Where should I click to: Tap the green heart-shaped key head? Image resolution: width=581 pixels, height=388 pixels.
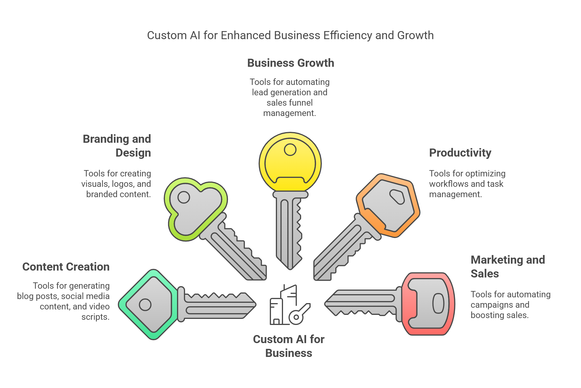point(195,209)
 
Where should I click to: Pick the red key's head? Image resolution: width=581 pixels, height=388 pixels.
point(428,304)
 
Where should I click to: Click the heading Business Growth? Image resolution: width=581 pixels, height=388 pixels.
point(290,63)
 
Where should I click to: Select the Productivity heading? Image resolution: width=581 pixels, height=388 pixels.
point(460,153)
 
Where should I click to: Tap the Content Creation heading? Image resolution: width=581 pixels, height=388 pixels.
point(66,267)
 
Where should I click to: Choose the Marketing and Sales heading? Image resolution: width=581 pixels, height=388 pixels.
point(507,267)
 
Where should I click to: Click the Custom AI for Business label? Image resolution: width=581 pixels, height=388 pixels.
point(288,346)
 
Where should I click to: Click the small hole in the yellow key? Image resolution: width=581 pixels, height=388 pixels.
point(290,150)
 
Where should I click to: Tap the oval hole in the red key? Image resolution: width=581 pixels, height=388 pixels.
point(438,303)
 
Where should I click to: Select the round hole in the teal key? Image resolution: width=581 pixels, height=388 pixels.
point(145,305)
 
